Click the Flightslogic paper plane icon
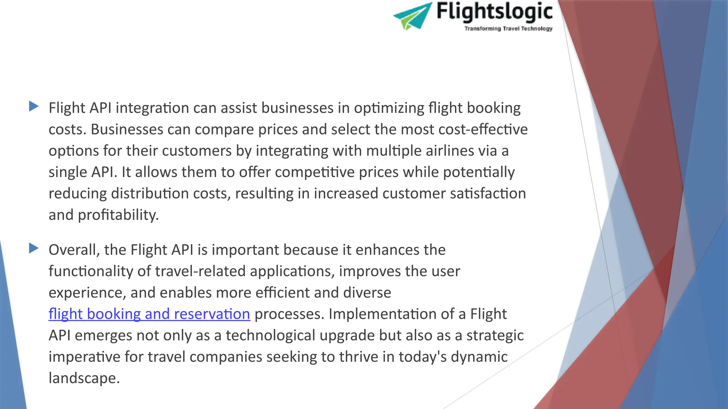coord(412,16)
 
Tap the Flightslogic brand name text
coord(494,12)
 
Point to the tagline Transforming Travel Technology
coord(508,29)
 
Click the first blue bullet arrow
coord(34,106)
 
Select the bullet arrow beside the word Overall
coord(34,248)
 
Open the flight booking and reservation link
coord(149,314)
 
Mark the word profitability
coord(118,215)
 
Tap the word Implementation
coord(387,314)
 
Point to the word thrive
coord(358,357)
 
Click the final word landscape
coord(84,378)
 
